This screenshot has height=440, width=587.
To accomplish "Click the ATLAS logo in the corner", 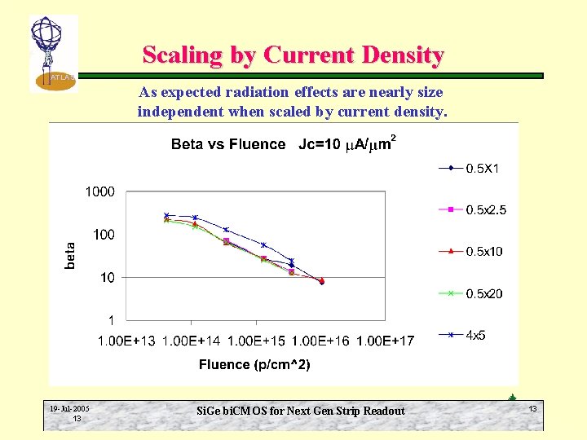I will (52, 53).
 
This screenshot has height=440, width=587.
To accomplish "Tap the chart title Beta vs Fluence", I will (228, 145).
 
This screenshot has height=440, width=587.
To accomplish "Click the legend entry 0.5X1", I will (482, 169).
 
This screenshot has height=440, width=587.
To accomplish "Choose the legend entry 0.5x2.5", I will (485, 210).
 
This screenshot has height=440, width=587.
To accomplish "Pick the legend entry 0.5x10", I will (483, 251).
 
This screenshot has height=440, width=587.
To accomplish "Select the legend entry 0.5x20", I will (483, 293).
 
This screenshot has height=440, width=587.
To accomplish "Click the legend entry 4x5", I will (474, 335).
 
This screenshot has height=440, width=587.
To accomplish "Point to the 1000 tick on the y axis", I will (100, 192).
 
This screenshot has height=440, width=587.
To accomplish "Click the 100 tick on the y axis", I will (104, 235).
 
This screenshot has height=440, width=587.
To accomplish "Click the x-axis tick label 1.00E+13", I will (126, 340).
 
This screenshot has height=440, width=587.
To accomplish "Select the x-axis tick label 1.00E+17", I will (385, 340).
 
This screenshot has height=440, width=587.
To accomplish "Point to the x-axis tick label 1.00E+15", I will (256, 340).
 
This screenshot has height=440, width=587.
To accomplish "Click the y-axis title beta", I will (71, 256).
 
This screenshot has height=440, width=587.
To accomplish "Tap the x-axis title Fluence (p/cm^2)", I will (254, 364).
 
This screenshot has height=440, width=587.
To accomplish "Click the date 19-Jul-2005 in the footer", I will (69, 408).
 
